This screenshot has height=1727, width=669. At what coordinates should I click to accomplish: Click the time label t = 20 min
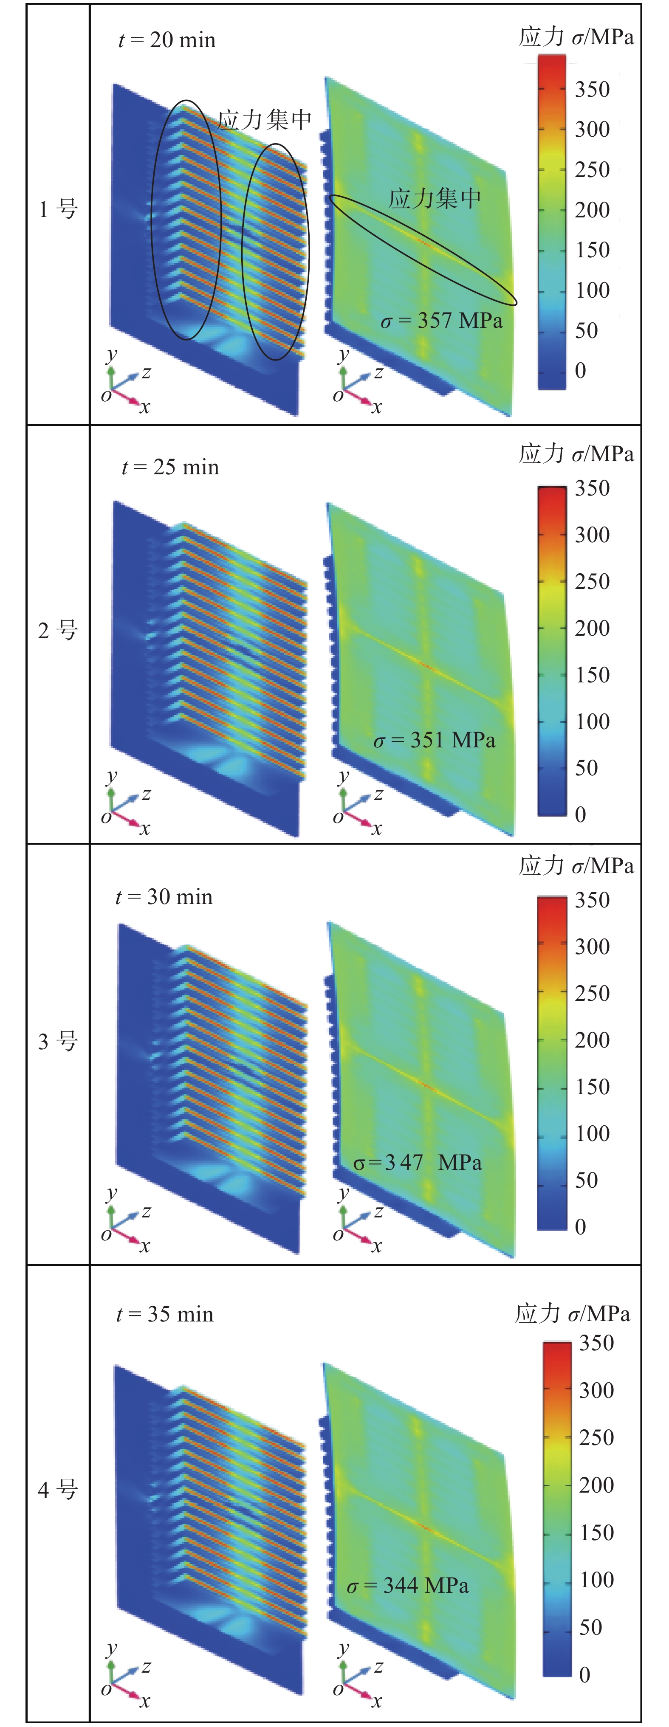[x=167, y=40]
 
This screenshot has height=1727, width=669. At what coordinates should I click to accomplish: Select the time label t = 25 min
[x=170, y=467]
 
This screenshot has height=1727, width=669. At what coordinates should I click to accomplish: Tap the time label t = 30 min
[x=164, y=897]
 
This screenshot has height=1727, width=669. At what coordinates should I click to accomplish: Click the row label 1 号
[x=58, y=209]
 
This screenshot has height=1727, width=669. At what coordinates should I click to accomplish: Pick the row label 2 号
[x=58, y=630]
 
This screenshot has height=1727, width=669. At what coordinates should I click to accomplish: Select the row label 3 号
[x=58, y=1041]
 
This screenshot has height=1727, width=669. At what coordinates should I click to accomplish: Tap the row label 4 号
[x=58, y=1490]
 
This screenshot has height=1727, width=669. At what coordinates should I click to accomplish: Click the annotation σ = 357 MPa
[x=442, y=321]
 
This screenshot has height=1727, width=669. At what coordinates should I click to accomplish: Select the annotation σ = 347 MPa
[x=418, y=1163]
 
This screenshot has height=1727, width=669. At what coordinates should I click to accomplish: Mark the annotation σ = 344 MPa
[x=408, y=1586]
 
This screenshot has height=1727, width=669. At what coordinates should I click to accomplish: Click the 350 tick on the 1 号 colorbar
[x=592, y=89]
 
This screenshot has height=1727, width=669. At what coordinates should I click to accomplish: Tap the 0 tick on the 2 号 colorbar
[x=581, y=814]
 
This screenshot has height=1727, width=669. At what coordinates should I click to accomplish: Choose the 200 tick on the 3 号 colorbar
[x=592, y=1040]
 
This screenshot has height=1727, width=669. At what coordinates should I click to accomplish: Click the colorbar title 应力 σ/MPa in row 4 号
[x=573, y=1313]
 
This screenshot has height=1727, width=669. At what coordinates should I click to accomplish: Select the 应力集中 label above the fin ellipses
[x=265, y=120]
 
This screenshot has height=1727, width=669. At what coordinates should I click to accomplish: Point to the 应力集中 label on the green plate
[x=435, y=198]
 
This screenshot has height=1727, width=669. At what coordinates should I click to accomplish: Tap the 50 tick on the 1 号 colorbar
[x=587, y=330]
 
